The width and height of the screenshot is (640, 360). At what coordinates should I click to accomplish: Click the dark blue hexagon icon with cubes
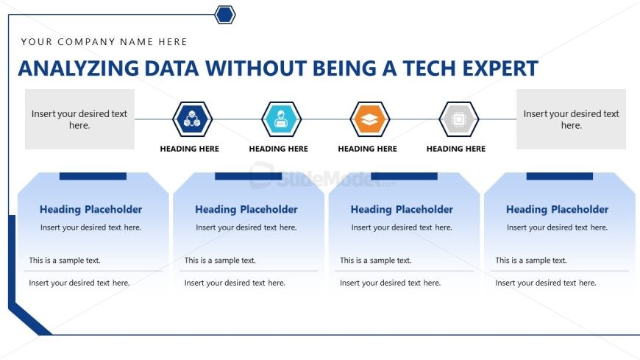[x=192, y=119]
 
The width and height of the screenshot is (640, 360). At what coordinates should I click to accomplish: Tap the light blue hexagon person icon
[x=281, y=119]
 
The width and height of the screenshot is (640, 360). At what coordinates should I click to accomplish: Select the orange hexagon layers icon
[x=370, y=119]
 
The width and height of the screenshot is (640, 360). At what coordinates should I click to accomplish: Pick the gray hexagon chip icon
[x=459, y=119]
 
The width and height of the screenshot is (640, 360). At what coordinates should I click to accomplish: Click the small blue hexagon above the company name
[x=225, y=15]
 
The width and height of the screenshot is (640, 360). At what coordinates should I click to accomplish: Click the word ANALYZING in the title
[x=79, y=68]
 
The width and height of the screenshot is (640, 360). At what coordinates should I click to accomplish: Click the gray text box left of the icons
[x=79, y=119]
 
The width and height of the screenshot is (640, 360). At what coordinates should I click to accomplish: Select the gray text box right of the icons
[x=571, y=119]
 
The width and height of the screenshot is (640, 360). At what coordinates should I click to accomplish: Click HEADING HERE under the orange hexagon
[x=367, y=149]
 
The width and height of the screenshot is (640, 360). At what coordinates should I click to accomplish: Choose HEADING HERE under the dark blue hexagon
[x=189, y=149]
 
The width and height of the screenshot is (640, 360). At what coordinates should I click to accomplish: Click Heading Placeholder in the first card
[x=91, y=209]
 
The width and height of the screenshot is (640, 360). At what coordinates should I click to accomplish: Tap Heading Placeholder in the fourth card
[x=558, y=209]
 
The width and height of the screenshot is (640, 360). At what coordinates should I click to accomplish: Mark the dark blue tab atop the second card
[x=249, y=176]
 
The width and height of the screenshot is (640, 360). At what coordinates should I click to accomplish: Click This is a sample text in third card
[x=375, y=261]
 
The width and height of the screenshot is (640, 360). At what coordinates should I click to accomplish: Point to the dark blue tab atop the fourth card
[x=560, y=176]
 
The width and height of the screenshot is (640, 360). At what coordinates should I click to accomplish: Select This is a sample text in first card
[x=65, y=261]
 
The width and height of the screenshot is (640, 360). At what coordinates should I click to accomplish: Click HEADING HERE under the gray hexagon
[x=456, y=149]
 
